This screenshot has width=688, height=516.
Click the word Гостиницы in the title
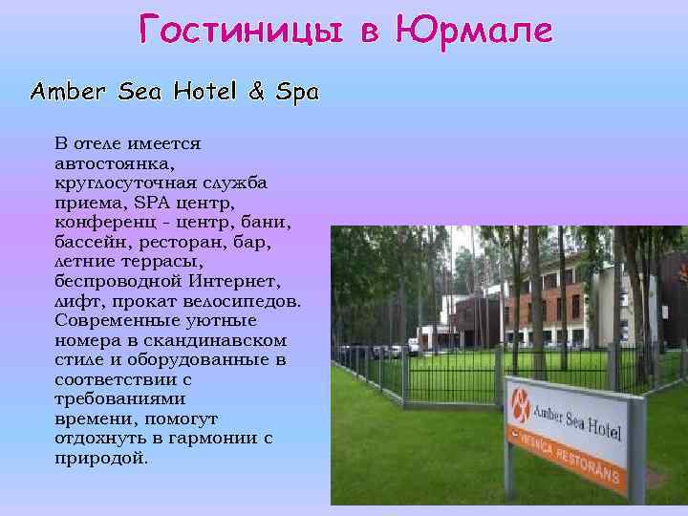(244, 31)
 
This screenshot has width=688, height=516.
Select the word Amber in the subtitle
(69, 92)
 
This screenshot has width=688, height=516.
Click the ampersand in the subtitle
(257, 92)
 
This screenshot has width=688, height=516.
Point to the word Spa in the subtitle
(297, 93)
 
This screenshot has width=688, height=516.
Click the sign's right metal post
(628, 478)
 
